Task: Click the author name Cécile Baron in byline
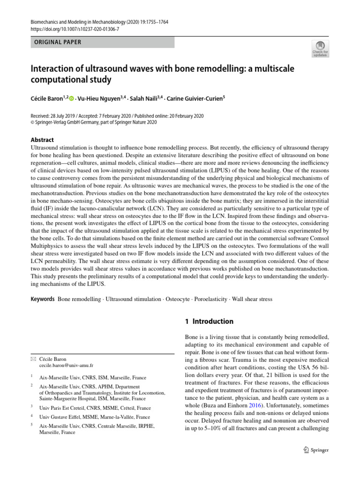[47, 98]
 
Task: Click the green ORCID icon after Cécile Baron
[72, 98]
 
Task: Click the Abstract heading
[42, 140]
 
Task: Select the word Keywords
[43, 299]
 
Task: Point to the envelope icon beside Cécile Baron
[32, 359]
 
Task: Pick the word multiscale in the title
[277, 68]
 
